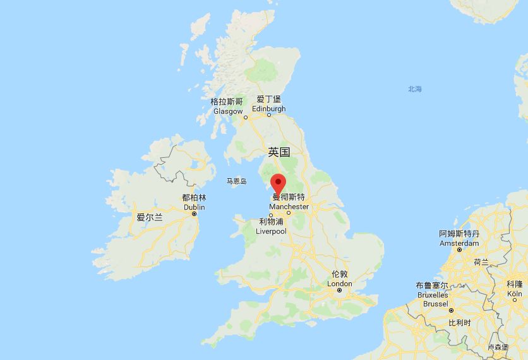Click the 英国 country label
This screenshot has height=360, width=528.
click(279, 152)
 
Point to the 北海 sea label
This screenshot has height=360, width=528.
click(414, 89)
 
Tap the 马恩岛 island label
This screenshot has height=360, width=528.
click(237, 181)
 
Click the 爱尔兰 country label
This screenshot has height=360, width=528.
click(150, 217)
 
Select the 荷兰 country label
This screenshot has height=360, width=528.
click(481, 262)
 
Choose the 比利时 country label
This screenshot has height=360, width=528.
click(459, 323)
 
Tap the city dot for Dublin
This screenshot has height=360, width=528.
click(195, 214)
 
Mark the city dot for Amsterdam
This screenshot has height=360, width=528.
click(459, 249)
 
